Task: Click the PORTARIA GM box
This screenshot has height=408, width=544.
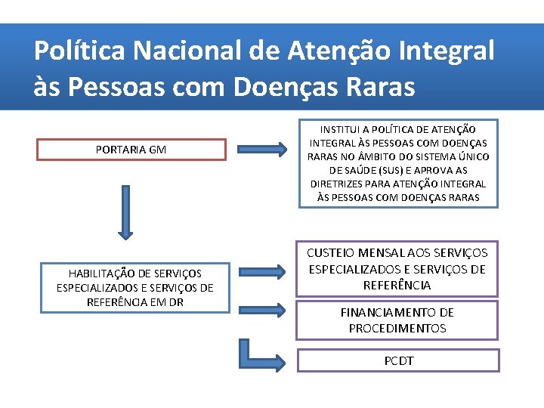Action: [x=131, y=150]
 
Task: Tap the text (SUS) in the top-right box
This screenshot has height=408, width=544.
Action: [x=390, y=170]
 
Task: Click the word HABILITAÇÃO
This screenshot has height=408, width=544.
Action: [x=102, y=274]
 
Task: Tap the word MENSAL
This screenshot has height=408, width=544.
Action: [x=389, y=253]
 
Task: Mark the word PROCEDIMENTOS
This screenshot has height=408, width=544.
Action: [x=397, y=328]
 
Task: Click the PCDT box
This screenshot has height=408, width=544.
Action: [x=398, y=360]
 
